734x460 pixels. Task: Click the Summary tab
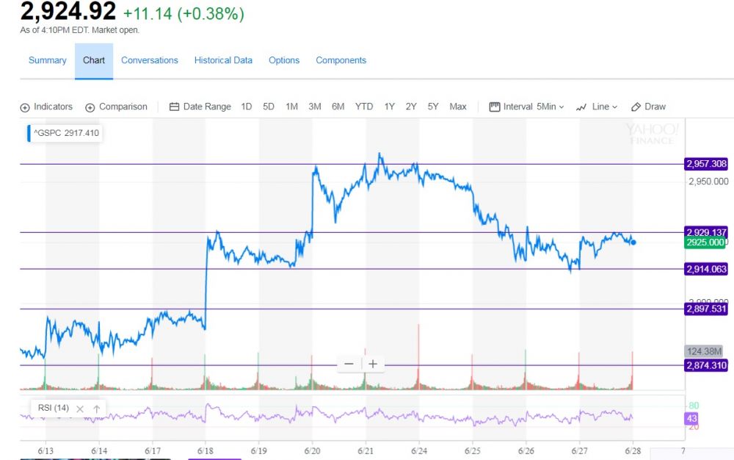47,60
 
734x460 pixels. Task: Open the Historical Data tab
223,60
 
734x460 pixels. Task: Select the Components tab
341,60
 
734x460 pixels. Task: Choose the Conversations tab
150,60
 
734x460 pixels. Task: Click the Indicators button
46,107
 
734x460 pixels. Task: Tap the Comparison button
116,107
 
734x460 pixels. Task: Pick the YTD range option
364,107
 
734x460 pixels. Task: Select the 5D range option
269,107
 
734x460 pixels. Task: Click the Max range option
458,107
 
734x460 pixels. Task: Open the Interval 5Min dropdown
526,107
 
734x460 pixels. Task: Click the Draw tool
648,107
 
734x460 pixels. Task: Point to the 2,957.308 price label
706,164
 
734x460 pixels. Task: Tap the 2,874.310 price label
706,365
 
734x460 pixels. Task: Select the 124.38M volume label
705,351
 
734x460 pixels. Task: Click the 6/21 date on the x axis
366,450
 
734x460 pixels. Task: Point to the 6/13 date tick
46,450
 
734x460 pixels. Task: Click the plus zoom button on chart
373,364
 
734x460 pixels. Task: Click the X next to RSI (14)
80,409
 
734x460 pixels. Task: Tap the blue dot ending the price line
633,242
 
